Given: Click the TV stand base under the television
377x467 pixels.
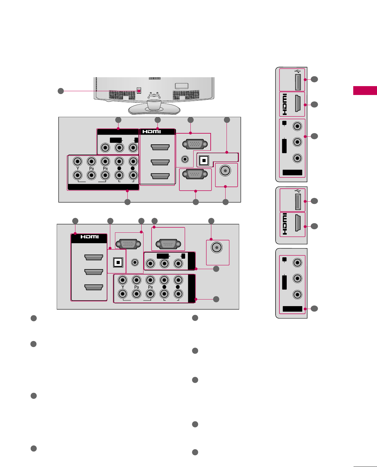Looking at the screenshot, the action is [154, 109].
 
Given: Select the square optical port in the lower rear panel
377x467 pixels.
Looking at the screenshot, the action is [118, 262].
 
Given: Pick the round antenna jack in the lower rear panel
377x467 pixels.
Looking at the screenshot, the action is [217, 247].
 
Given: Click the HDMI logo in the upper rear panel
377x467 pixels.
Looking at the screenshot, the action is [152, 131].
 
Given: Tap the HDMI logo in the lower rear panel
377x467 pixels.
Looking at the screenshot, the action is [90, 237].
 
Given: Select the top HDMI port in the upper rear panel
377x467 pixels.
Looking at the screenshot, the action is [160, 147].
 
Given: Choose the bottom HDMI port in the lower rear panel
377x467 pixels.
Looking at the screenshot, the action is [94, 287].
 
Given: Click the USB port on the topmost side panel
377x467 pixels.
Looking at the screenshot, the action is [298, 82].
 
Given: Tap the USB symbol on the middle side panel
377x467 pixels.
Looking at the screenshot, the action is [297, 191].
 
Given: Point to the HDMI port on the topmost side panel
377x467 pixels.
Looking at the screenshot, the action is [298, 104].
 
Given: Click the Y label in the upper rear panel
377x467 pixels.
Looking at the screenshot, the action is [78, 168].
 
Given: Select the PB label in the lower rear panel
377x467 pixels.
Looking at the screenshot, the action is [137, 287].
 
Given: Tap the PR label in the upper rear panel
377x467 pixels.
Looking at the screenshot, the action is [105, 168].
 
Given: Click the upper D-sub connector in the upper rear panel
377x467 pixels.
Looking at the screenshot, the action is [196, 144].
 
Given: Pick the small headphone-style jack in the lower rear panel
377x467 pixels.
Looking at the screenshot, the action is [135, 262].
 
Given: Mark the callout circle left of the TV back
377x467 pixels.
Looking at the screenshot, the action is [61, 91].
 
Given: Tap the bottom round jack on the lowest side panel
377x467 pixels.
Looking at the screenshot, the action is [297, 294].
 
